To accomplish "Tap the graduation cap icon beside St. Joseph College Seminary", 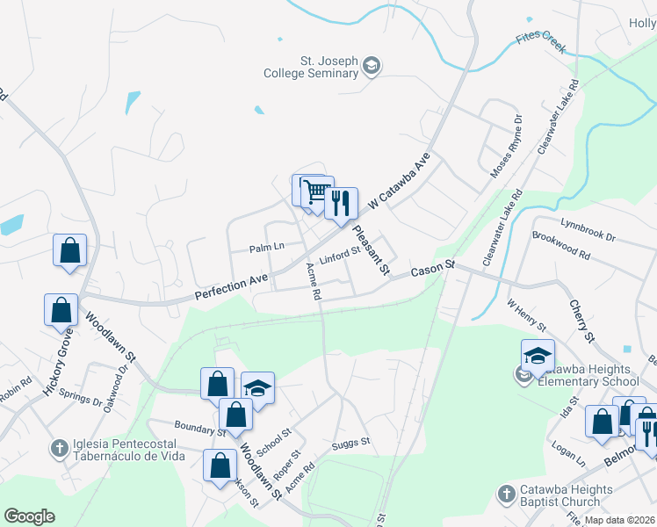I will pos(372,67).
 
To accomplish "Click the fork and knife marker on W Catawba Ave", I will pos(341,203).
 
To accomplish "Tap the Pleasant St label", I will pos(371,250).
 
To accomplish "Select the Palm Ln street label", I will pos(267,247).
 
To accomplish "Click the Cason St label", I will pos(431,269).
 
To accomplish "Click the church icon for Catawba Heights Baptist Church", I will pos(505,495).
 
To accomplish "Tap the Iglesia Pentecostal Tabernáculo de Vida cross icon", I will pos(59,448).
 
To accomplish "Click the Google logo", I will pos(29,516).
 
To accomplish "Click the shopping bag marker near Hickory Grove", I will pos(60,310).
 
